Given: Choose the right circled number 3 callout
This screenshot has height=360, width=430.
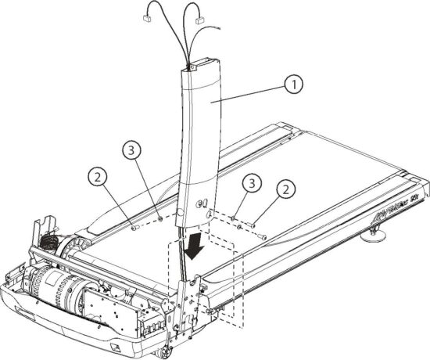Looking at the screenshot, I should click(x=251, y=185).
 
